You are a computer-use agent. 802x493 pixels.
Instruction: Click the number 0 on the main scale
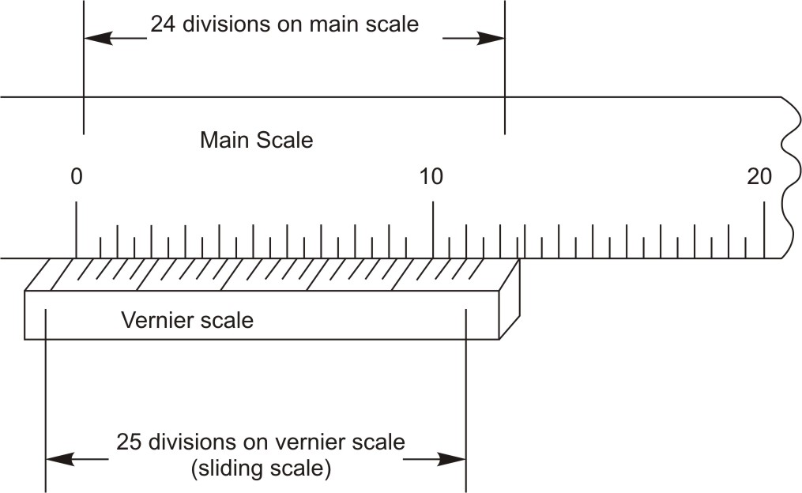pos(76,176)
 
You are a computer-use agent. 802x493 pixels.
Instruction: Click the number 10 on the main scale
pos(431,176)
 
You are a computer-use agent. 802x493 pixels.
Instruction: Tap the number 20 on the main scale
pos(759,176)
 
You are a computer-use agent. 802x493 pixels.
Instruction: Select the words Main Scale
pos(256,141)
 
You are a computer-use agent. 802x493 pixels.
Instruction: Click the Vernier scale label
pos(187,321)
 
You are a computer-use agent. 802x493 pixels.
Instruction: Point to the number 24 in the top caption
pos(163,24)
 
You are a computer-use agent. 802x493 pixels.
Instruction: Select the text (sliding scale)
pos(261,468)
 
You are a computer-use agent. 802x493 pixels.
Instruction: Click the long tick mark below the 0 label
pos(76,229)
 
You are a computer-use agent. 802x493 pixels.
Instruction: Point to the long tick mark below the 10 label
pos(432,229)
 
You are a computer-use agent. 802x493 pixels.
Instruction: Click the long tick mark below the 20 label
pos(764,229)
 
